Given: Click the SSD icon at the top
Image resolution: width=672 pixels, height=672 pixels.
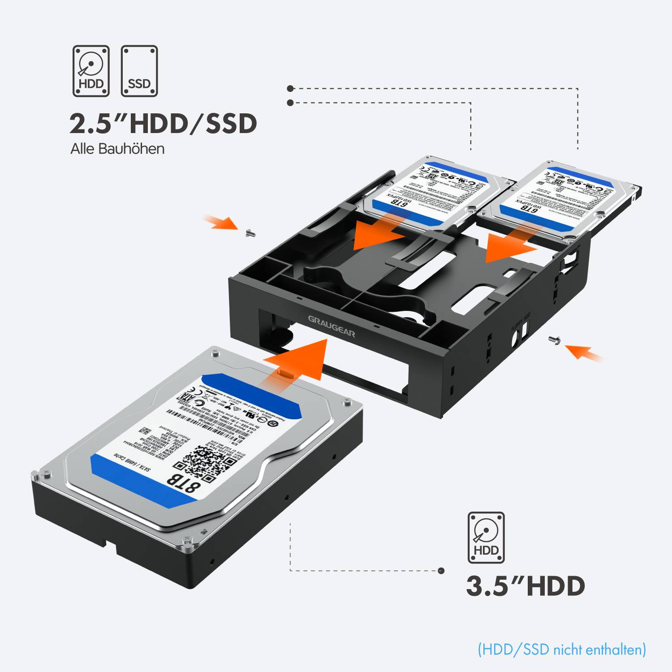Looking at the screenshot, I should (x=139, y=71).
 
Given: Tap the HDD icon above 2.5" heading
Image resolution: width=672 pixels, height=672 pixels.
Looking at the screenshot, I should (x=91, y=71).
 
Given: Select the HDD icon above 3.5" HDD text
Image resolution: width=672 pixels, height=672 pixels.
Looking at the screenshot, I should (x=486, y=538).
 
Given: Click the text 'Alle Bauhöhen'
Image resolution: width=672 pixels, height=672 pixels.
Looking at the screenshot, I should (x=117, y=149).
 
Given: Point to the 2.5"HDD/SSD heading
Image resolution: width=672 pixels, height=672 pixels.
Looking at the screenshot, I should (x=163, y=124).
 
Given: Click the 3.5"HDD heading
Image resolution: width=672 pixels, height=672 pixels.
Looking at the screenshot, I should (x=526, y=586).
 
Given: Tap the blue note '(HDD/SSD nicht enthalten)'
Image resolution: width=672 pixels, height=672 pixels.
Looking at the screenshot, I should (x=562, y=649).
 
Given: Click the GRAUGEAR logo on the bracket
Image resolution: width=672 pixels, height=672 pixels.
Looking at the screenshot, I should (x=332, y=326).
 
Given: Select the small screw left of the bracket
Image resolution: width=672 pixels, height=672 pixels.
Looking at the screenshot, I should (x=250, y=233).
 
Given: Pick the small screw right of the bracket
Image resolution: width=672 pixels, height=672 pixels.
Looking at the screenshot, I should (x=554, y=340).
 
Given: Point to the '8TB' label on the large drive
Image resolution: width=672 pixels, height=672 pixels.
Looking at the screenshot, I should (x=183, y=482).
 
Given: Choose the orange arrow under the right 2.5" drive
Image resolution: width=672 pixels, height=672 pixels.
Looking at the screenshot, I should (x=508, y=244).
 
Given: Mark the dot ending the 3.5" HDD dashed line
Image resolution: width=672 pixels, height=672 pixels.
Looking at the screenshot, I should (x=441, y=570).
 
